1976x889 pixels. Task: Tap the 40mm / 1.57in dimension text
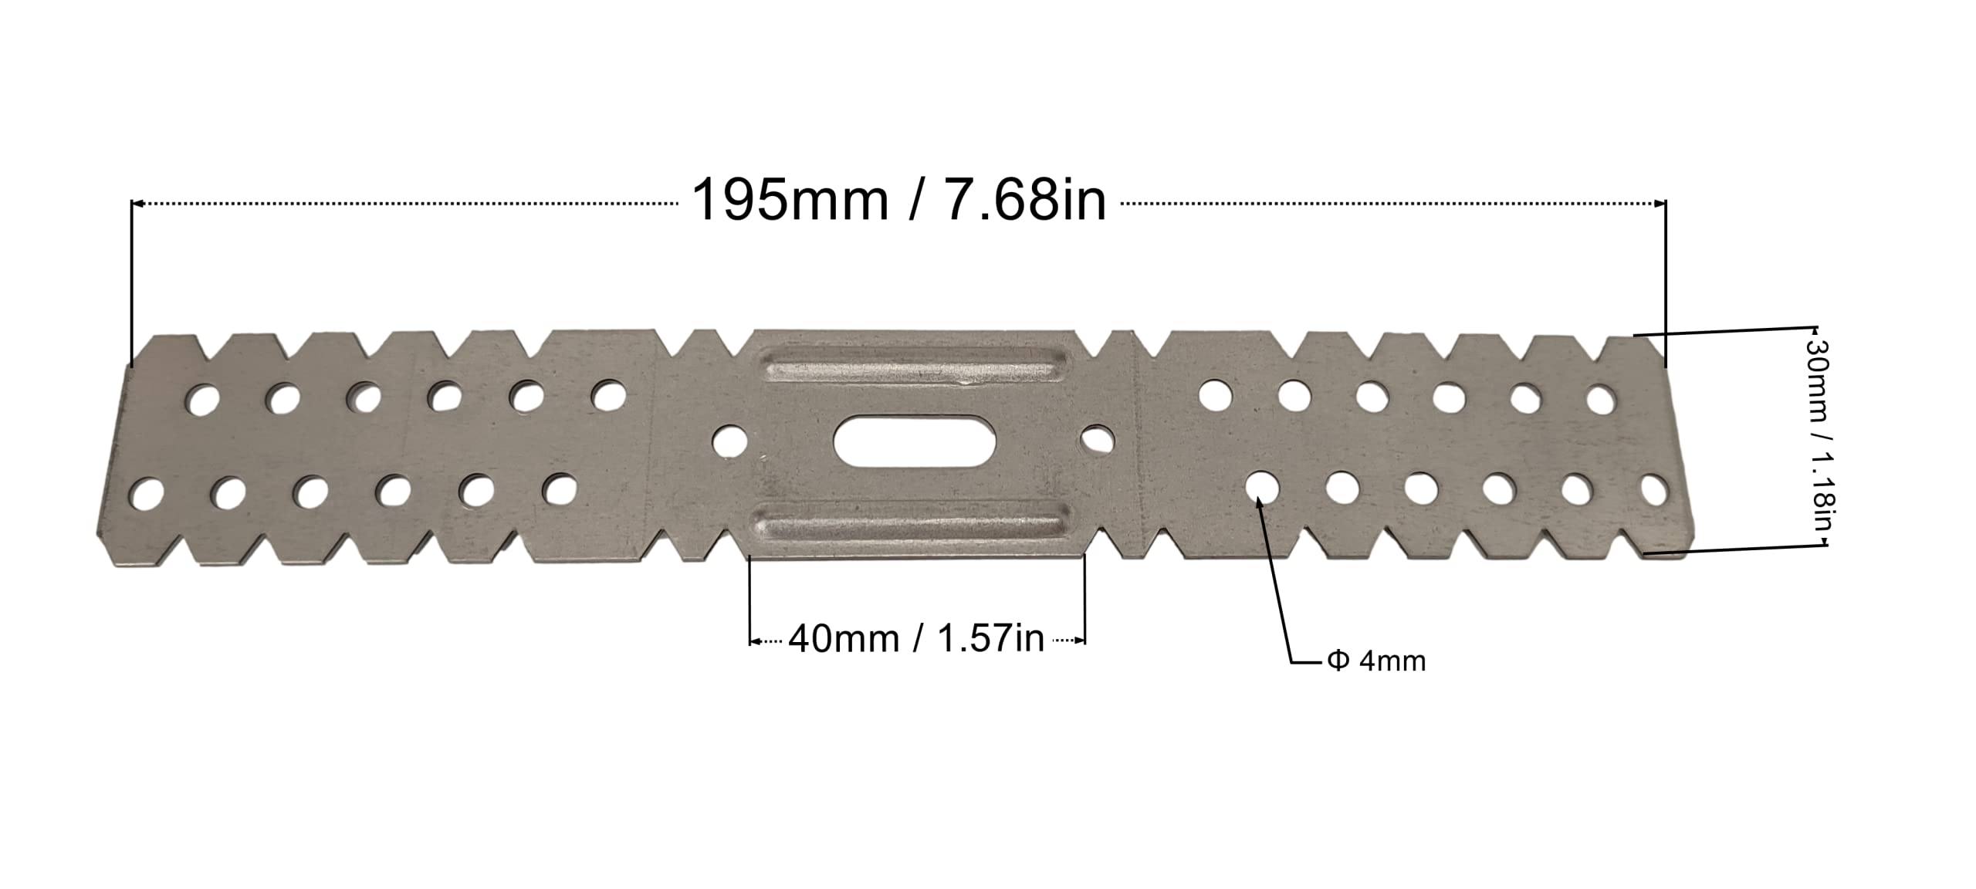(x=916, y=640)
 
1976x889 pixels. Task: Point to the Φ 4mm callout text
(x=1376, y=661)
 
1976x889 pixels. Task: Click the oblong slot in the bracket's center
(x=915, y=441)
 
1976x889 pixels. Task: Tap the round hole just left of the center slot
(x=729, y=441)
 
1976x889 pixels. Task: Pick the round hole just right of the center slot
(x=1097, y=440)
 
